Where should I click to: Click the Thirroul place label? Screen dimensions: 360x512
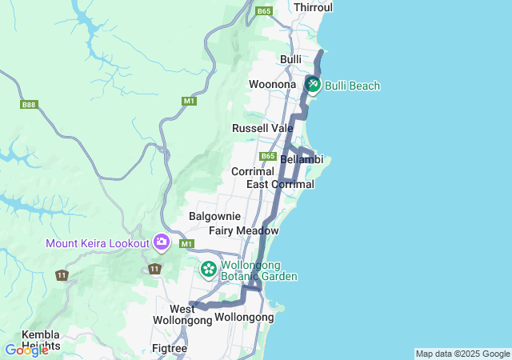point(313,7)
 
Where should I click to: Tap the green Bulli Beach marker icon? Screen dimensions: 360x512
point(313,84)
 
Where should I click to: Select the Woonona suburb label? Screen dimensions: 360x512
point(272,84)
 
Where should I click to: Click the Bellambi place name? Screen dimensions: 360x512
point(302,160)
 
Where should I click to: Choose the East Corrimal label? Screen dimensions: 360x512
point(280,184)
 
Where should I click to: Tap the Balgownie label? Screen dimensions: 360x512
point(214,216)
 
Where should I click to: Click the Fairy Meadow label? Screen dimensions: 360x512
point(244,230)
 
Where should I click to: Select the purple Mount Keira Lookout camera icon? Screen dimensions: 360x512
point(161,242)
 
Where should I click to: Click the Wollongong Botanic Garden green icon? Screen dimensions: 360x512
point(209,269)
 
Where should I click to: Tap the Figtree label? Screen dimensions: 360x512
point(170,348)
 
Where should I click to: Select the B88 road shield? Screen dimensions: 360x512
point(30,105)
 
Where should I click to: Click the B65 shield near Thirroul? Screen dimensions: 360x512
point(265,11)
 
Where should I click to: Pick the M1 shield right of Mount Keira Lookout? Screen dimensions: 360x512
point(187,243)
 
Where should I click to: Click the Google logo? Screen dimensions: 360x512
point(26,350)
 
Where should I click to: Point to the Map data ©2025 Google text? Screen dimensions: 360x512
point(462,354)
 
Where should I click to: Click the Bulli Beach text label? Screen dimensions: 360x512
point(353,86)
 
